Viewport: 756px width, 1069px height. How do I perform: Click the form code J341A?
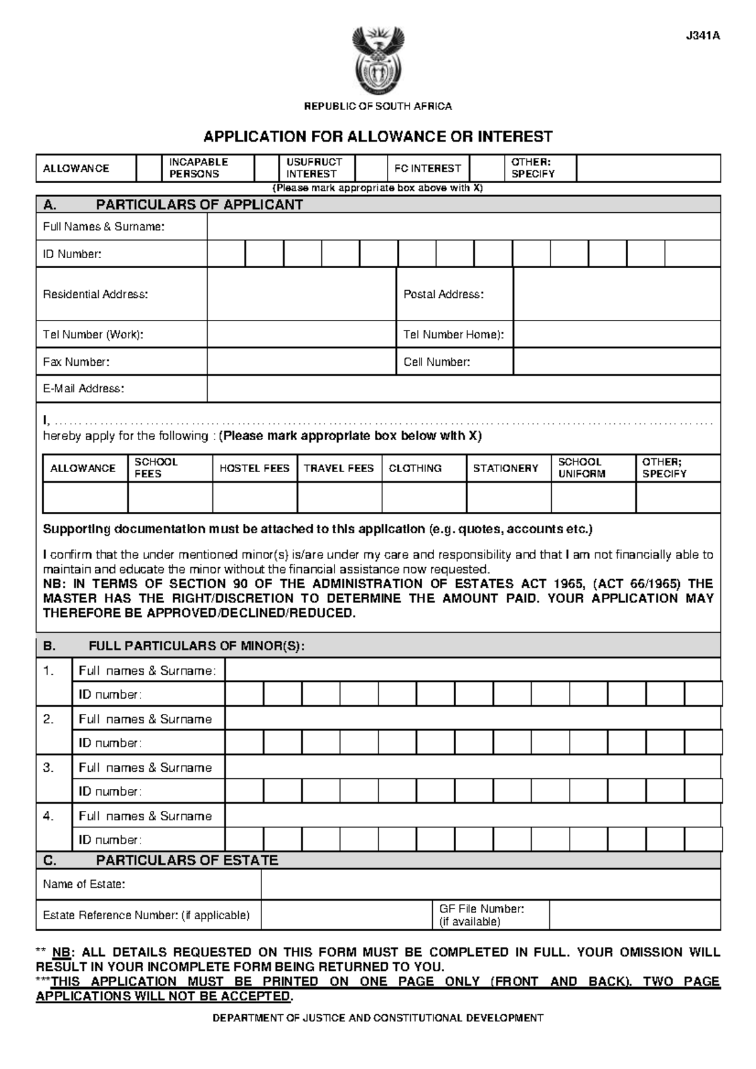(702, 36)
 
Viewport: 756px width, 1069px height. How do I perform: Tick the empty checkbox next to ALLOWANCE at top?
(149, 168)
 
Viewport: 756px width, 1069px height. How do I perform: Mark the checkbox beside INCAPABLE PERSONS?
(266, 168)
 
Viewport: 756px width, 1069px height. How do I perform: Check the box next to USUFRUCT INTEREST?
(370, 168)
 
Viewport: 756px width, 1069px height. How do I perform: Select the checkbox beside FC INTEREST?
(486, 168)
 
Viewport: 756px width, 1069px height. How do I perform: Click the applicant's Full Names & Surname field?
(463, 227)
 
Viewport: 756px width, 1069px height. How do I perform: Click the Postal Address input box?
(616, 294)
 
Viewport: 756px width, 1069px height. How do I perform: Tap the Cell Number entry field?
(616, 362)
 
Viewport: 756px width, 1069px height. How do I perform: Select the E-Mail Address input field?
(463, 389)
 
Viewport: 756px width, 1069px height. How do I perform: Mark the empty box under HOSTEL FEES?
(255, 497)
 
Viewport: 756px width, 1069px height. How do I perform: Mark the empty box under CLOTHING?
(424, 497)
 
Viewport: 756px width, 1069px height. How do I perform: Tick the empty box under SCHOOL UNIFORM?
(593, 497)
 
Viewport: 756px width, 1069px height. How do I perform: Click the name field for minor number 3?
(472, 767)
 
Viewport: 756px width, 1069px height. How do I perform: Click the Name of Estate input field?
(490, 885)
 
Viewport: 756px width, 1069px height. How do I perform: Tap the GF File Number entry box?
(634, 915)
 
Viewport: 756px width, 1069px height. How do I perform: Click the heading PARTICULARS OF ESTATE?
(186, 861)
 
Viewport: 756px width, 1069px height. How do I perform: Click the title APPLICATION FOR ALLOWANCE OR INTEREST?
(377, 137)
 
